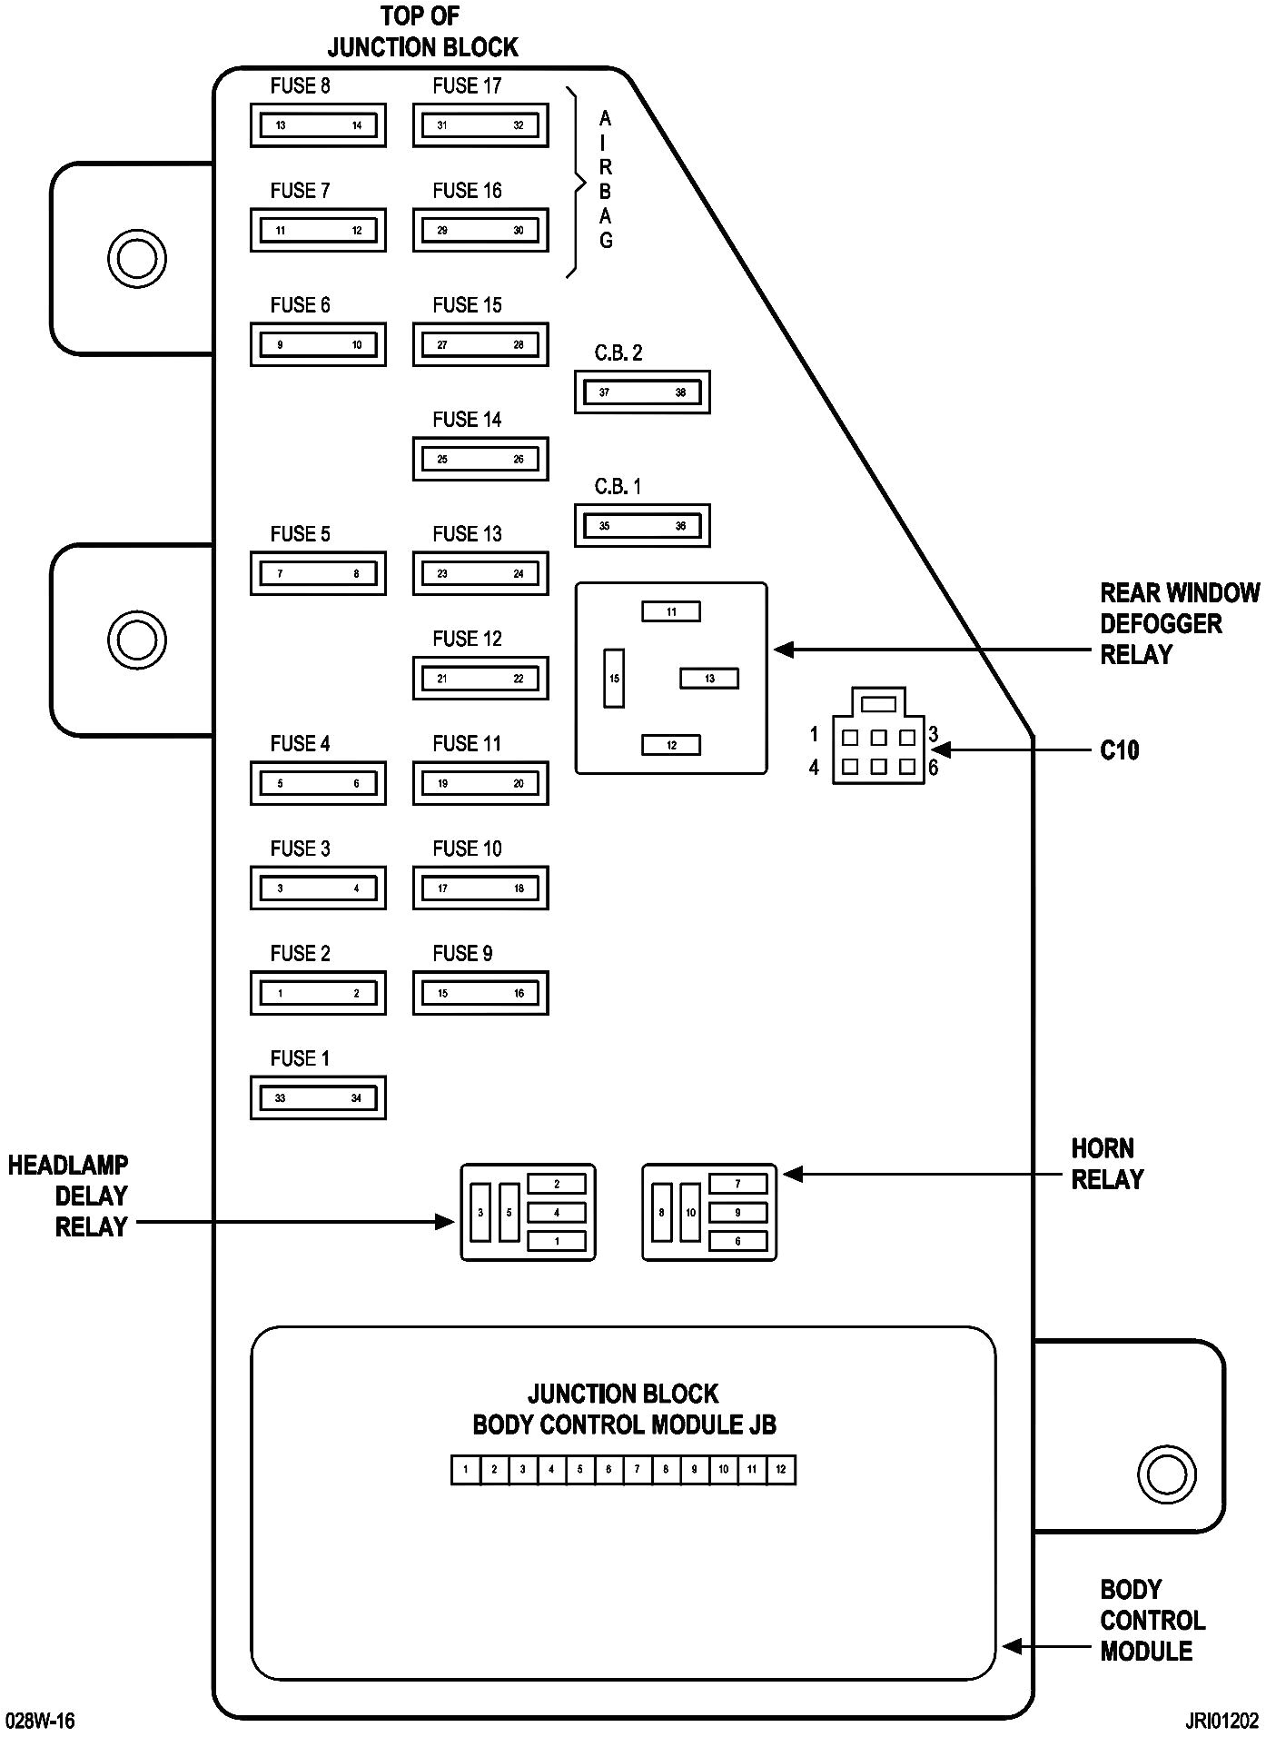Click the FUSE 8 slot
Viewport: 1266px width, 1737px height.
coord(318,125)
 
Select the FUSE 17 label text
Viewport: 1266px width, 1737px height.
coord(467,86)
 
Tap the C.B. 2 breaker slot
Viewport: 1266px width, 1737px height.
coord(642,392)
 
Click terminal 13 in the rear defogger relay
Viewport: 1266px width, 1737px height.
coord(709,678)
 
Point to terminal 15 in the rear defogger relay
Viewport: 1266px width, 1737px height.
coord(614,678)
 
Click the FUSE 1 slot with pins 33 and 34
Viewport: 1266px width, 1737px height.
coord(318,1097)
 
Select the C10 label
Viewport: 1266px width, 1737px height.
coord(1119,750)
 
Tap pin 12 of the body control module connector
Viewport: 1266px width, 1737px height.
coord(781,1470)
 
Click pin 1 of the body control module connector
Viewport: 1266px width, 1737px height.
coord(466,1470)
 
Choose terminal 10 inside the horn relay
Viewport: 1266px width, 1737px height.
coord(690,1212)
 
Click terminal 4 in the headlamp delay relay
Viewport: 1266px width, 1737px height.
coord(557,1212)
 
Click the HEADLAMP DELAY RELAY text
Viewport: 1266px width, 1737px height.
coord(69,1196)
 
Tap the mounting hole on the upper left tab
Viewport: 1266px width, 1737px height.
coord(136,259)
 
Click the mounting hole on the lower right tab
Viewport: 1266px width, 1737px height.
coord(1166,1473)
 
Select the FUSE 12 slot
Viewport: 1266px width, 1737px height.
coord(480,678)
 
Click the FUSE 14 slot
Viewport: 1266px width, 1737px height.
coord(480,459)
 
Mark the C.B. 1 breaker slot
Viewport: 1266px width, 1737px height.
coord(642,525)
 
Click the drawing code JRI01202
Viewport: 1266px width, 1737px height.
coord(1221,1721)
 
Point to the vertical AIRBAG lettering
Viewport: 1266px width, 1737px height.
coord(606,180)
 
